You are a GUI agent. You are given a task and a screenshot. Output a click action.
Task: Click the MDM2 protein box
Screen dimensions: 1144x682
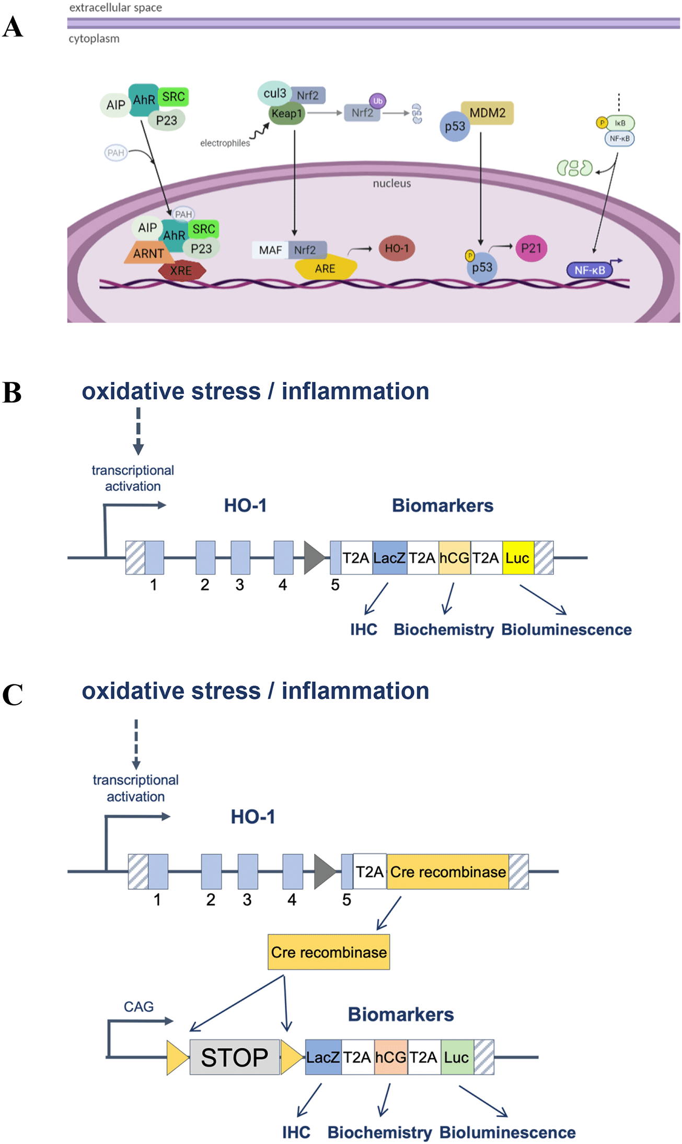[487, 113]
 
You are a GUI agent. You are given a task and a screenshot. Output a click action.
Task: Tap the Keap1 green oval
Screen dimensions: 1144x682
[286, 113]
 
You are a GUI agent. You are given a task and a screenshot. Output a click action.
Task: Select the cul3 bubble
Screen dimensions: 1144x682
[274, 94]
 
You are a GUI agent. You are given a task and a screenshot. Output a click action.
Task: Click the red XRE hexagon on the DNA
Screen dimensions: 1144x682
[181, 271]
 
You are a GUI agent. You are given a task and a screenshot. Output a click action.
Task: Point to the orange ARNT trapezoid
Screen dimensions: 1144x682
[149, 253]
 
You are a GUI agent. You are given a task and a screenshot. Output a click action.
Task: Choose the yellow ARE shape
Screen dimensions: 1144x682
[325, 268]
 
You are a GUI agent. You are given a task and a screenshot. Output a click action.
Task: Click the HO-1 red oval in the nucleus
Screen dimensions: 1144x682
[397, 248]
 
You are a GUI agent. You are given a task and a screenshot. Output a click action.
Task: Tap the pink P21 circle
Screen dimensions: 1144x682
[531, 248]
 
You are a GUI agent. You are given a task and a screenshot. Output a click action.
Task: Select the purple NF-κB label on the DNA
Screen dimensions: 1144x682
[589, 270]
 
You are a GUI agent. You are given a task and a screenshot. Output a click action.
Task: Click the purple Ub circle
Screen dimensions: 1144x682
[377, 101]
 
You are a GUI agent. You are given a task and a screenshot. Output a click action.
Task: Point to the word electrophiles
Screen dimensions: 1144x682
[225, 143]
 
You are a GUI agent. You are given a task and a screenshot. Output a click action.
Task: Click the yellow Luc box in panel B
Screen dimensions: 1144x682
[517, 558]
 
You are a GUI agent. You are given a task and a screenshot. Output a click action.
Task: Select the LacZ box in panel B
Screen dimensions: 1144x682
[389, 558]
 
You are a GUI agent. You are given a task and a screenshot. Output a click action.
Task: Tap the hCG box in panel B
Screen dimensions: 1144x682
[454, 558]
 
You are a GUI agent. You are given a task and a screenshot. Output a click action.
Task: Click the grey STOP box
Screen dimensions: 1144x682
[234, 1057]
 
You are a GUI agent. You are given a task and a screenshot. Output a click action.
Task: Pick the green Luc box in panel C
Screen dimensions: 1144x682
[457, 1057]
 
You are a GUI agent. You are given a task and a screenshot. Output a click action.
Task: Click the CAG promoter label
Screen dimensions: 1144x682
[138, 1007]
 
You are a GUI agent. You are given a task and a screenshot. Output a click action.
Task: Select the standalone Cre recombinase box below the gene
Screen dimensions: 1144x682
[329, 952]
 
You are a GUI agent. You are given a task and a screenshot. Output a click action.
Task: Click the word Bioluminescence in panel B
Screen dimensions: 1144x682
[566, 630]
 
